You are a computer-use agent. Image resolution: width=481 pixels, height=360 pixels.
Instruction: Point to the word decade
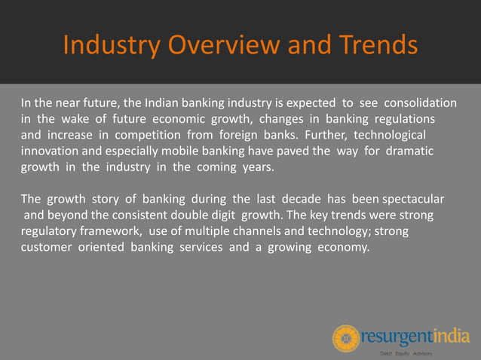301,200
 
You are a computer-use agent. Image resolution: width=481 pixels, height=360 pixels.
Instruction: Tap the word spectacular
413,200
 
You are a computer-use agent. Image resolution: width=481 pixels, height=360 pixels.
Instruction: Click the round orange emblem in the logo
346,338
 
